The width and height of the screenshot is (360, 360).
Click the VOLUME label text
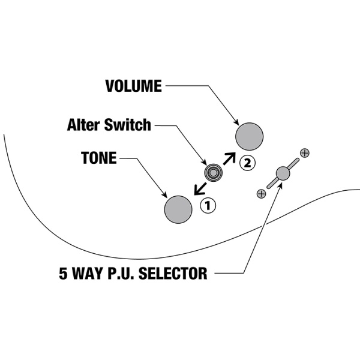click(x=134, y=86)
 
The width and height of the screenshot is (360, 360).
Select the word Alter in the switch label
click(x=85, y=125)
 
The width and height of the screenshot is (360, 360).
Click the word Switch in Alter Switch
click(x=128, y=125)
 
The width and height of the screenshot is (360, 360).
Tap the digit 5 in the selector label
click(x=64, y=274)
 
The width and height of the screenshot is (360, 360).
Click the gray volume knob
click(x=250, y=136)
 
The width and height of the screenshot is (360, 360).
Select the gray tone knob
click(x=178, y=208)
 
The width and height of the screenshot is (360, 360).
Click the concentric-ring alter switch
click(x=214, y=173)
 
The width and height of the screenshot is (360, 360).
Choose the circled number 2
click(x=247, y=163)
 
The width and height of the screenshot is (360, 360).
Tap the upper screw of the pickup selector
click(x=304, y=153)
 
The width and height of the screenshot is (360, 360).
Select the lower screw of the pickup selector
click(x=261, y=193)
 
